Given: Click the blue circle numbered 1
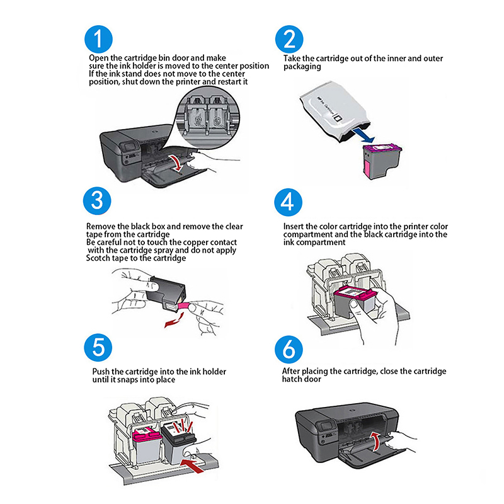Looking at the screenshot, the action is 98,39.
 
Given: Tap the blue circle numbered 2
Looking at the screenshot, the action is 289,39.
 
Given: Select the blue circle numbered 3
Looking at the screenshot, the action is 97,201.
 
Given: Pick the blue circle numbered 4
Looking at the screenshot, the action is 289,202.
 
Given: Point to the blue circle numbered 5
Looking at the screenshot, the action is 98,348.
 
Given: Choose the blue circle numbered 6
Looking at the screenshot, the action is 289,350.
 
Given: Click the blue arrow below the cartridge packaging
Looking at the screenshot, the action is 364,135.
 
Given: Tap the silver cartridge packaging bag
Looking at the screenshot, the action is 335,111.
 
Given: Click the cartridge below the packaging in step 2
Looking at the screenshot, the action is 382,161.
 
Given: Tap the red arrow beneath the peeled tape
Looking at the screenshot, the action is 174,321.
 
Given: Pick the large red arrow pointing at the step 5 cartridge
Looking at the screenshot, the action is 193,466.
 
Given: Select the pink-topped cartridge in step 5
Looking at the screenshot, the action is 147,446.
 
